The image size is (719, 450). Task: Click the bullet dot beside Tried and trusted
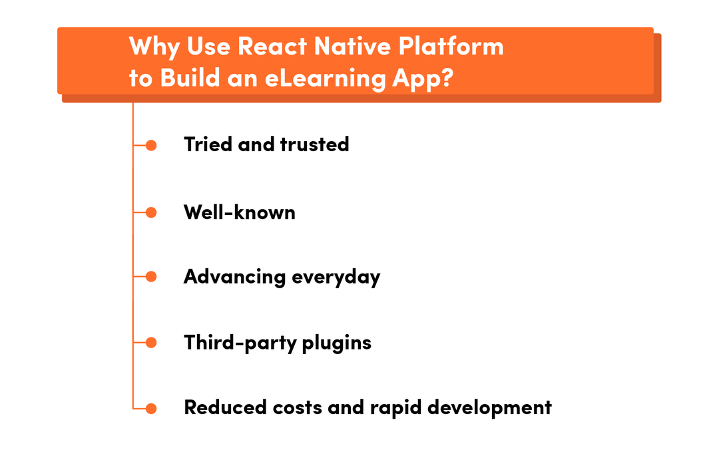pos(151,145)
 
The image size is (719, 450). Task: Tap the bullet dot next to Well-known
pos(151,212)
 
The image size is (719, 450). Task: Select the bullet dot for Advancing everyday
pos(151,277)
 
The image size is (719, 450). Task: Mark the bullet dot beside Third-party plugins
pos(151,342)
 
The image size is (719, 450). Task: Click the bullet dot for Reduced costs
pos(151,407)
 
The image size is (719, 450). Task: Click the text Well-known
pos(240,212)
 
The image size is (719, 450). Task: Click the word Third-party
pos(240,343)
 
